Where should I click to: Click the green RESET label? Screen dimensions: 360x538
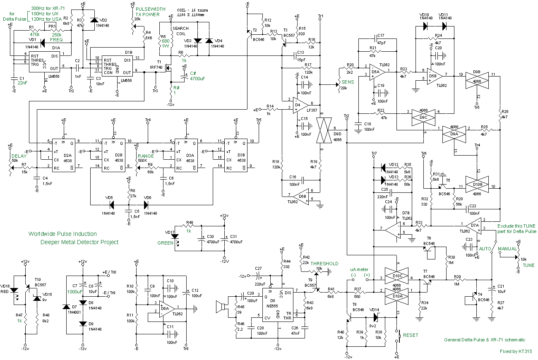click(x=411, y=335)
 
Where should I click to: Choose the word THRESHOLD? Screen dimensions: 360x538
click(x=324, y=263)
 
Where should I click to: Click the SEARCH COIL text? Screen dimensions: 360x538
click(x=180, y=31)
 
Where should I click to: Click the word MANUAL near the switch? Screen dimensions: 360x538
click(x=507, y=249)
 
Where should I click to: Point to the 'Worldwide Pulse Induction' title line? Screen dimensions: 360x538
click(x=62, y=234)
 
